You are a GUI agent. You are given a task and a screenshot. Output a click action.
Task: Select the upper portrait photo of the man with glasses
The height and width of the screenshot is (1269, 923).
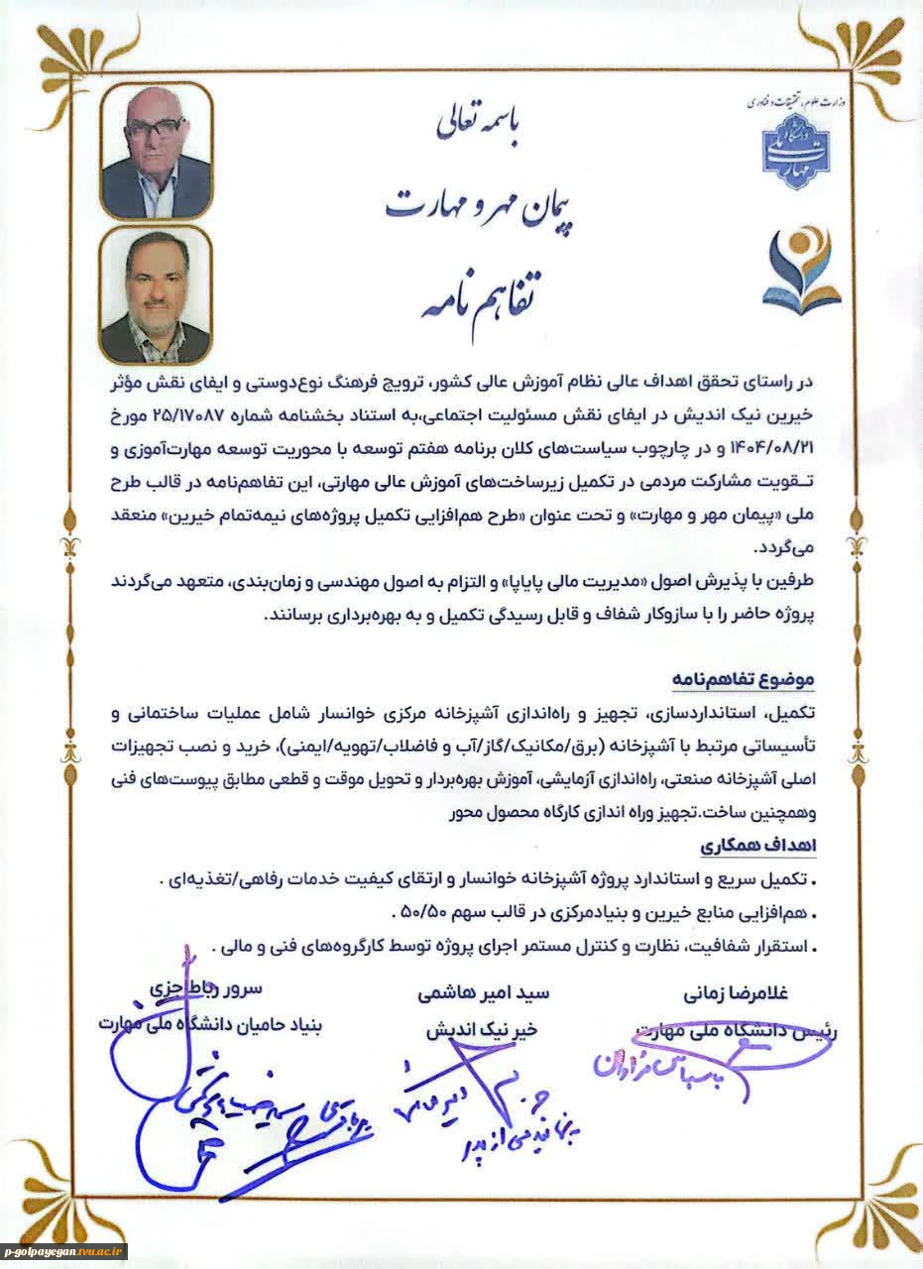pos(156,151)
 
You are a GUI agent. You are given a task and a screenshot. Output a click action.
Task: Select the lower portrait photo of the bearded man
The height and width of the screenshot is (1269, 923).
pos(156,294)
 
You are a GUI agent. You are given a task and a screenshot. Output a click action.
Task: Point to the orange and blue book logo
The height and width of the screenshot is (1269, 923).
pos(800,267)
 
